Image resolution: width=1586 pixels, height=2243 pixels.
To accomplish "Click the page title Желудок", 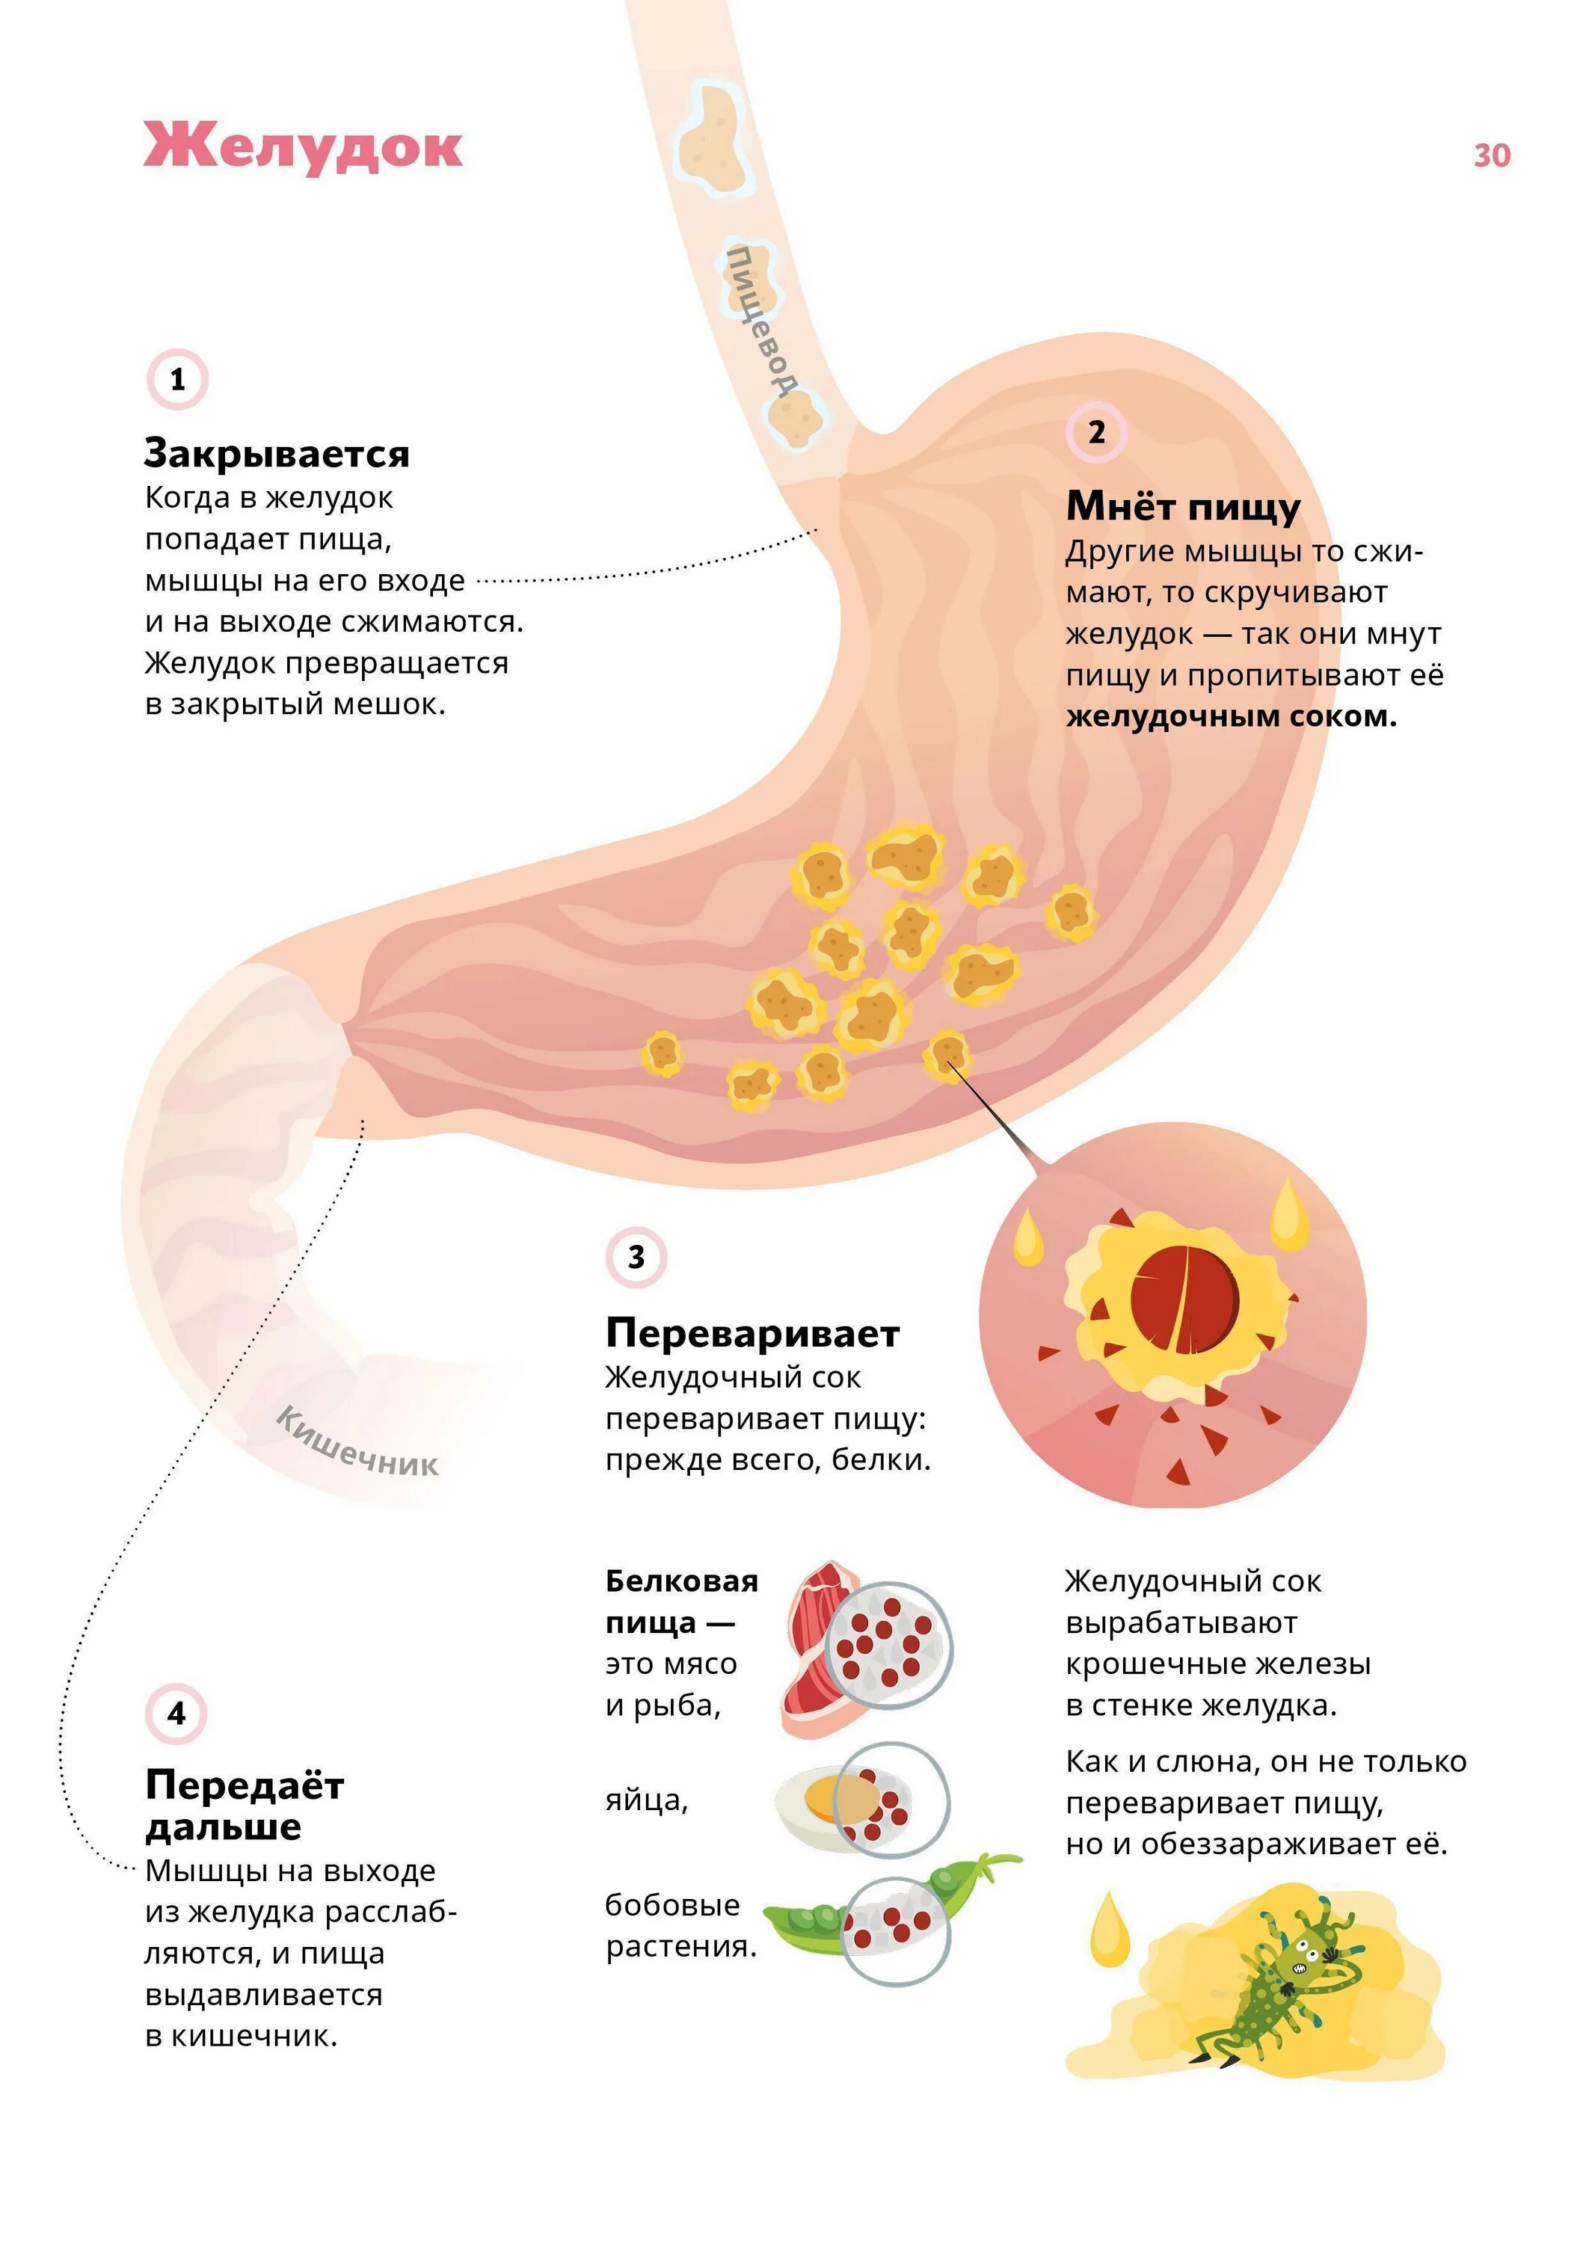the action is [x=303, y=147].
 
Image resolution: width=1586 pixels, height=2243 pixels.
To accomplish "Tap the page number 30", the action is [x=1491, y=156].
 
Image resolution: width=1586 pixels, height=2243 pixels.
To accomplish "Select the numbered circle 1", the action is [x=178, y=379].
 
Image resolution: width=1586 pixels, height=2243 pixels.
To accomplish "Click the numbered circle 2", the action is [x=1096, y=432].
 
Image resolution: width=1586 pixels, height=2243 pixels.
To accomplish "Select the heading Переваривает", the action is [x=752, y=1332].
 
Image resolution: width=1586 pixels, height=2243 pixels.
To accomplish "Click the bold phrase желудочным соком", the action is [x=1232, y=716].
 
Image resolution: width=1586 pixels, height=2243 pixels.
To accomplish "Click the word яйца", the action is [x=647, y=1800].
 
